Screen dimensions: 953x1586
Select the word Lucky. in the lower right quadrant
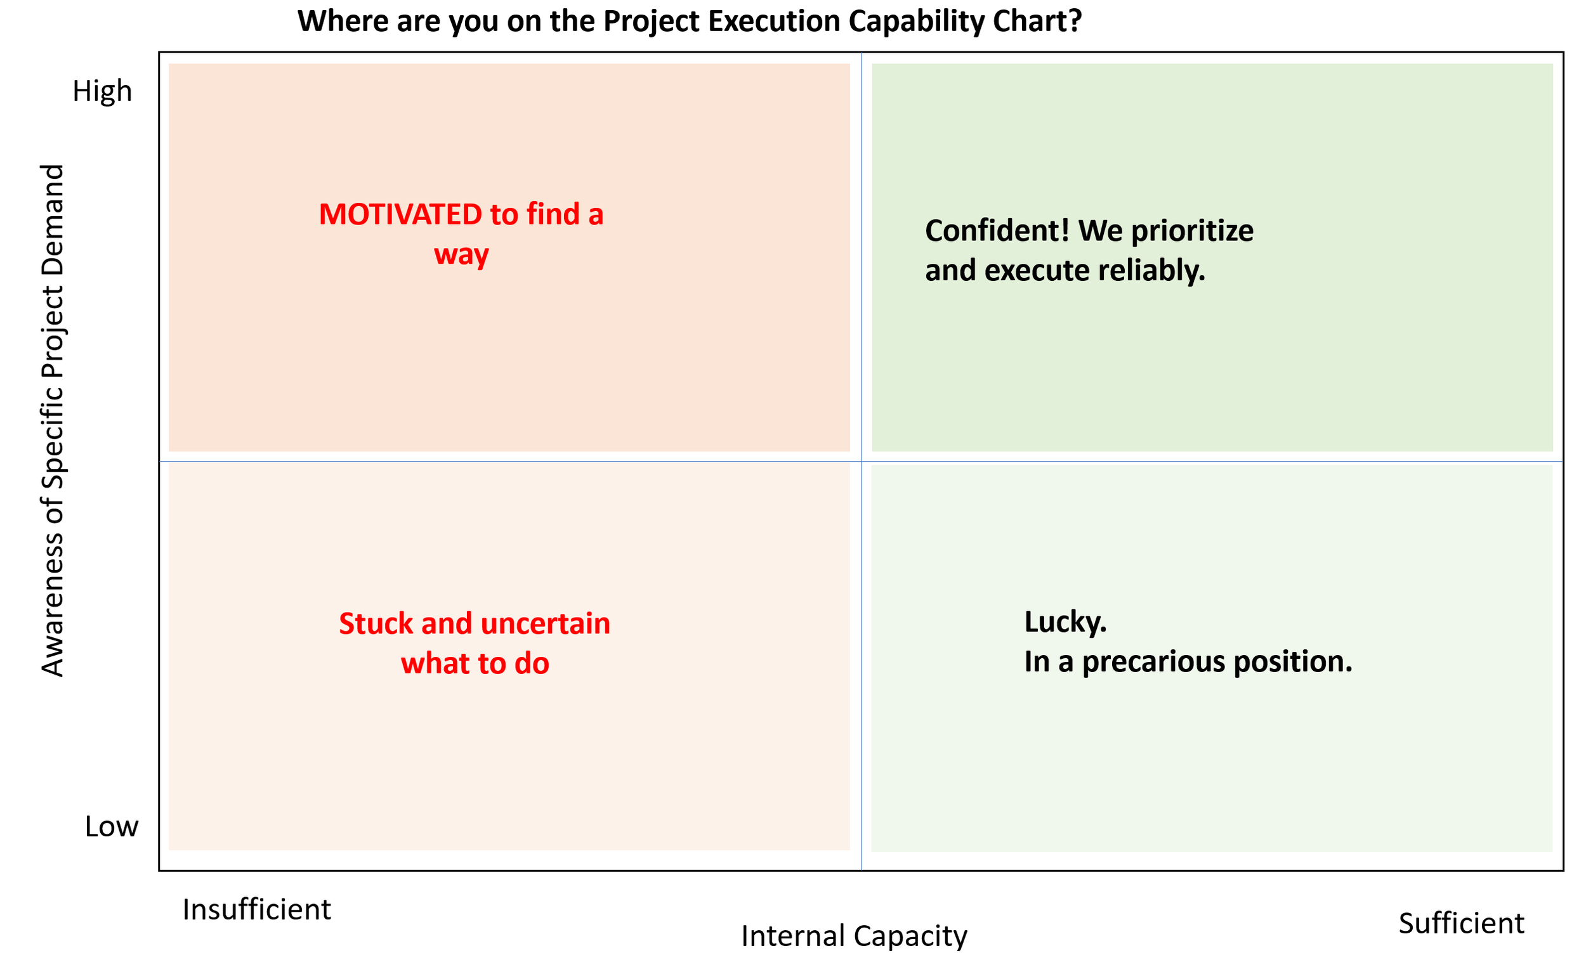(x=1065, y=621)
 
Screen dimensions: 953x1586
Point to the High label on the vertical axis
(x=102, y=91)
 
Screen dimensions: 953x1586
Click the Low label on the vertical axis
(x=111, y=826)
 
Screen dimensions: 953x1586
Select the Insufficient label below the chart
(x=256, y=909)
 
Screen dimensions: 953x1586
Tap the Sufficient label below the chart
(x=1461, y=923)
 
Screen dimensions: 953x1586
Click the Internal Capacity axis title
(x=854, y=936)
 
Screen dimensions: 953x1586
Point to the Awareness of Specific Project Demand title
(x=53, y=420)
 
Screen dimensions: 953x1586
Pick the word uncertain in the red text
(x=545, y=623)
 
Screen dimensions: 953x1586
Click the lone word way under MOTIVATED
(x=461, y=255)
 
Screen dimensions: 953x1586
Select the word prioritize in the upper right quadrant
(x=1191, y=231)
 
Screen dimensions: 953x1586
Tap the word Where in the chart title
(x=343, y=21)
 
